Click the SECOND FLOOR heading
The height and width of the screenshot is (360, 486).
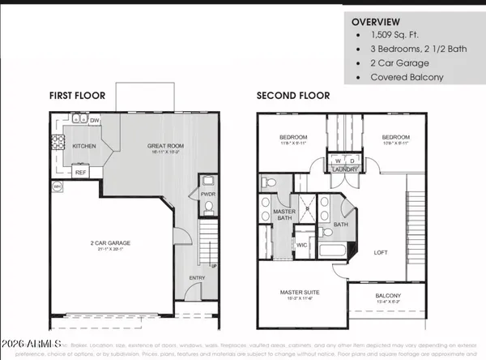[x=293, y=95]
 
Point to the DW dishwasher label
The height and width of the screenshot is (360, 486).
[x=96, y=121]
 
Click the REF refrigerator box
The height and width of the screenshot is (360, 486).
[x=80, y=172]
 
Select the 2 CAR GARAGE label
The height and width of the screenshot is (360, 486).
[x=110, y=242]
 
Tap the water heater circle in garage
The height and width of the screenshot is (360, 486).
[x=58, y=187]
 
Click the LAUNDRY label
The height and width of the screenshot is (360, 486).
[x=339, y=169]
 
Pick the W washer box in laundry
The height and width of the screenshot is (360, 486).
[x=333, y=160]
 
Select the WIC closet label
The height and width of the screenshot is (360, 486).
[x=303, y=242]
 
